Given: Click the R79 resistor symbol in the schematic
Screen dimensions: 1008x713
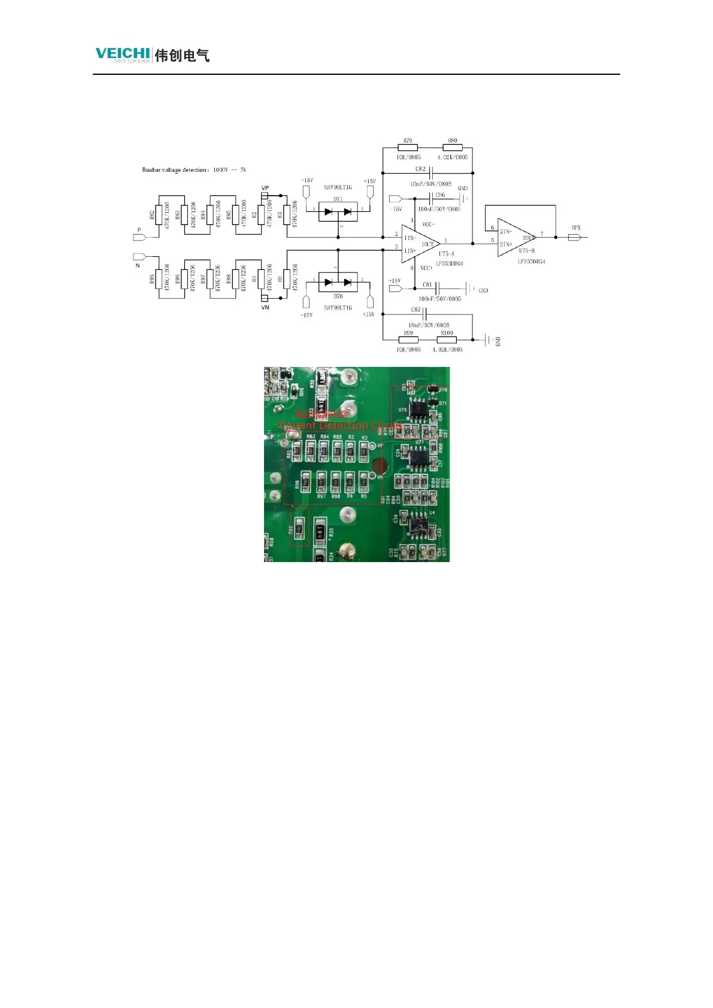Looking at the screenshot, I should (408, 148).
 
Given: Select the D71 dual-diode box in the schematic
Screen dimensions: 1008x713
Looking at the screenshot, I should (338, 211).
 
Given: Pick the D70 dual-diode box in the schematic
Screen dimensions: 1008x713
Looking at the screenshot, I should (338, 282).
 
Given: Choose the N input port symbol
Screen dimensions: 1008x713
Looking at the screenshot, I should (139, 257).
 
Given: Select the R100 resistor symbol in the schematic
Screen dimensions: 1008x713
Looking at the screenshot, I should (447, 340).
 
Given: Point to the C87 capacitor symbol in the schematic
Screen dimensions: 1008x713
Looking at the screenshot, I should (424, 314).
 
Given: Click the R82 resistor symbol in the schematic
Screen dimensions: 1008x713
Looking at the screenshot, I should (159, 214).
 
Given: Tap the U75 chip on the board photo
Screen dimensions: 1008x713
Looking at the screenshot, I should (413, 411).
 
